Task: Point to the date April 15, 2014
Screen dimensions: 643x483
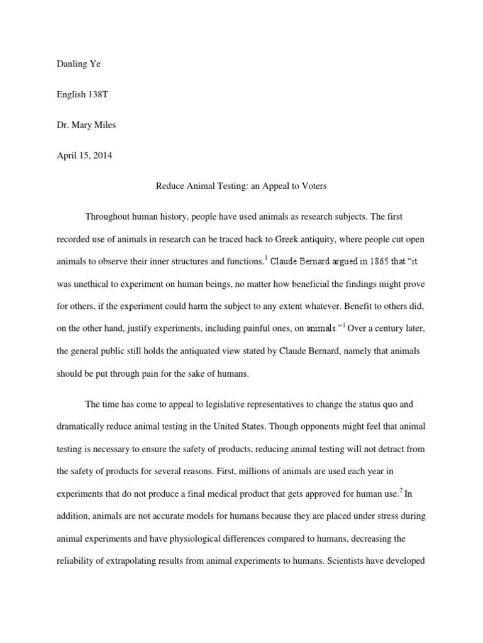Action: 84,156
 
